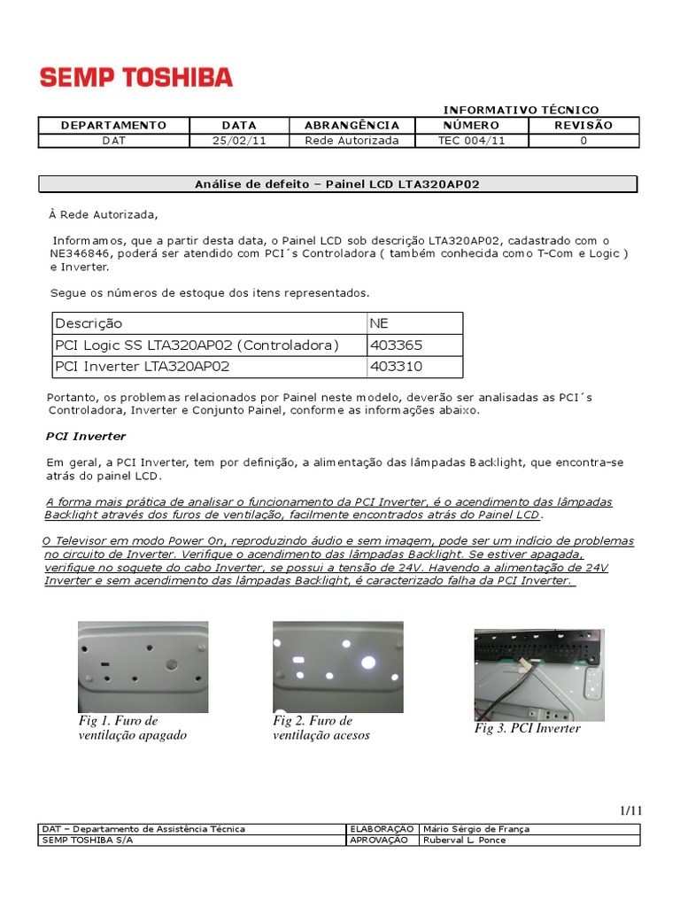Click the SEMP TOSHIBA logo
coord(136,78)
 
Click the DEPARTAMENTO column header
coord(113,125)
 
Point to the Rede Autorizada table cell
coord(352,140)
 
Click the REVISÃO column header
coord(583,125)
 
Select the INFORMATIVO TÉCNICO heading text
coord(521,109)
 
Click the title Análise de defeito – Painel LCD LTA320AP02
coord(337,183)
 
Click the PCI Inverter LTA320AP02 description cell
coord(143,366)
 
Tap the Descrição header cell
coord(89,323)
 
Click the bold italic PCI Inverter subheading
coord(86,436)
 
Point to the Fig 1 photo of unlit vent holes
coord(143,666)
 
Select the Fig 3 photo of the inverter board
coord(538,674)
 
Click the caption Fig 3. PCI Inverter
coord(527,728)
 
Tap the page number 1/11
coord(630,810)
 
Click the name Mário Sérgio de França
coord(476,829)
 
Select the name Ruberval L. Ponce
coord(465,840)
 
